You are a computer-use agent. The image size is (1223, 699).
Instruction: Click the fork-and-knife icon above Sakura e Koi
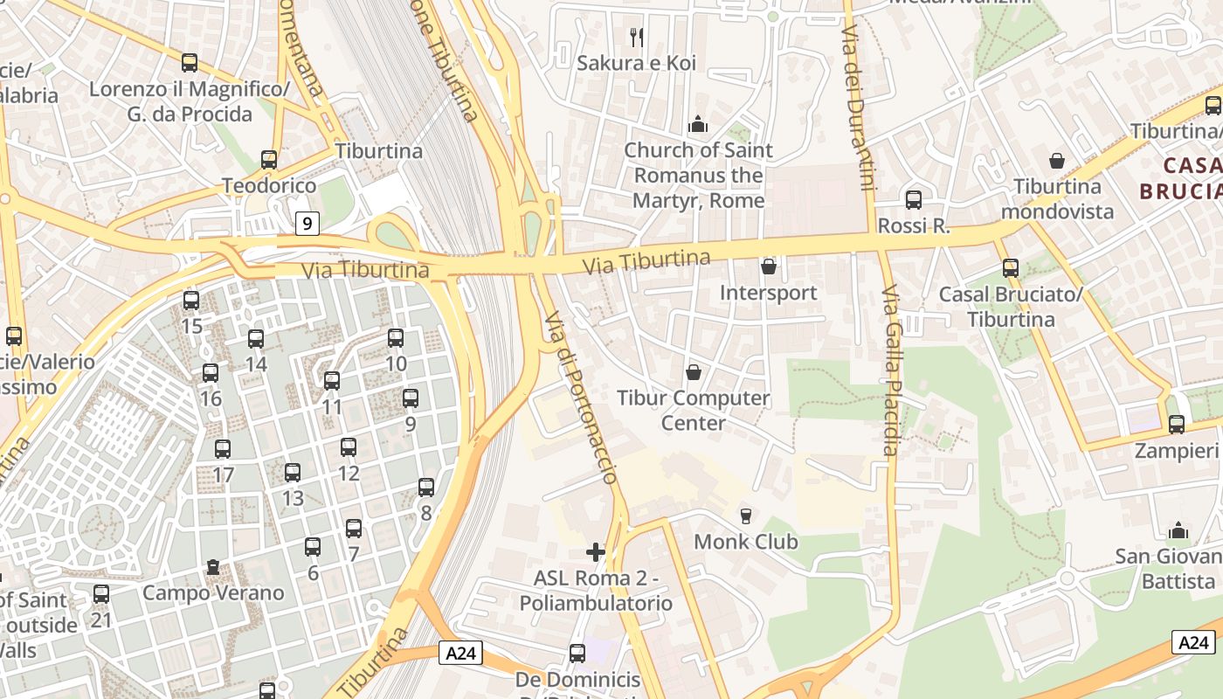pos(637,37)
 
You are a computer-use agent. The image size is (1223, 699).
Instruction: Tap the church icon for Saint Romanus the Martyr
pos(697,125)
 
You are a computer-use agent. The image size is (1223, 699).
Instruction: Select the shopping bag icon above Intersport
pos(769,266)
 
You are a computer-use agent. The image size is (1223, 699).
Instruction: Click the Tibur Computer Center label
pos(694,410)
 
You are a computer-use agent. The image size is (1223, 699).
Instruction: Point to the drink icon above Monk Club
pos(745,516)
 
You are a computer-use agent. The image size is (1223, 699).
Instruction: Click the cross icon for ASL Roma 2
pos(596,552)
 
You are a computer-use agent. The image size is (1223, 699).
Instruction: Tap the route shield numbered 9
pos(307,225)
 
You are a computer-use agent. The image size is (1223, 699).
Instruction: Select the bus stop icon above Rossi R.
pos(914,200)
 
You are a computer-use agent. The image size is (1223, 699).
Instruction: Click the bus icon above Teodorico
pos(269,160)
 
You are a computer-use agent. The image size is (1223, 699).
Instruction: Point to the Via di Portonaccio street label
pos(581,398)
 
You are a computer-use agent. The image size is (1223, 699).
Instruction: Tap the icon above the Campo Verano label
pos(213,568)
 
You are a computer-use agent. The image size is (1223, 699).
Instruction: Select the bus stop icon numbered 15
pos(191,301)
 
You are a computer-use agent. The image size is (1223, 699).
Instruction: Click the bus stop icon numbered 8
pos(426,488)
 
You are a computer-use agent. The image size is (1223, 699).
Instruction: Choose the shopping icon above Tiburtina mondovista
pos(1057,161)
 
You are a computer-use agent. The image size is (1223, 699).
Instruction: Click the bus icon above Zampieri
pos(1177,425)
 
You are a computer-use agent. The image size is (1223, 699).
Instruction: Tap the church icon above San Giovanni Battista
pos(1178,530)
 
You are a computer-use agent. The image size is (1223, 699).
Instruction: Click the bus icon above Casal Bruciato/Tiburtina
pos(1011,268)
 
